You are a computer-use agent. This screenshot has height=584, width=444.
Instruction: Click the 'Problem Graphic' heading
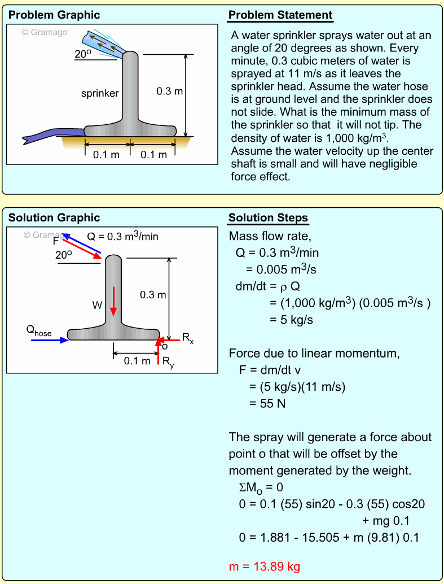(54, 15)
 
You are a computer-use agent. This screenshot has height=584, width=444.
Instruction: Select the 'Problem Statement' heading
(280, 15)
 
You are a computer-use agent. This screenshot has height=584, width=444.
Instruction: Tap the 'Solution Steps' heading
(268, 218)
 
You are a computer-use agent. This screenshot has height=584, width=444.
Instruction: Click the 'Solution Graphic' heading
(54, 218)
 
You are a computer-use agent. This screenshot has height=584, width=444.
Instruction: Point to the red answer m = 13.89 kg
(265, 566)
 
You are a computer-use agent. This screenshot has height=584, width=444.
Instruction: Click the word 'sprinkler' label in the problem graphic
(100, 93)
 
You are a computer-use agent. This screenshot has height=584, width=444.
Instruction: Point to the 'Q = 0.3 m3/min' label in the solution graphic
(122, 237)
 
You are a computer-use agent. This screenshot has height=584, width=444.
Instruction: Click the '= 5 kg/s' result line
(291, 320)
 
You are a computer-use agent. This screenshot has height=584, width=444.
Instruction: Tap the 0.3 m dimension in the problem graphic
(170, 90)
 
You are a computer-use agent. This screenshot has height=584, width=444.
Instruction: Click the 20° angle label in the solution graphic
(64, 255)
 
